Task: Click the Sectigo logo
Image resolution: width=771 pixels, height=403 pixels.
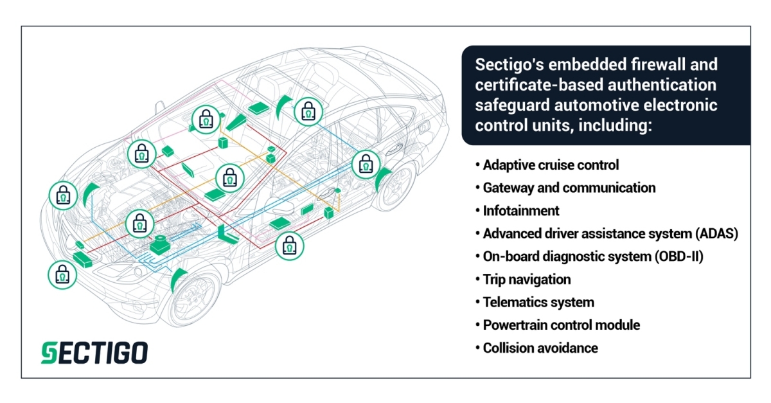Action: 94,353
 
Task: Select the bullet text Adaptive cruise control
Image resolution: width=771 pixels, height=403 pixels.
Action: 551,165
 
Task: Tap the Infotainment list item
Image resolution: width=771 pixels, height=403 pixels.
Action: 521,211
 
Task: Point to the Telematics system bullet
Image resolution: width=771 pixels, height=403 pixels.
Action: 538,303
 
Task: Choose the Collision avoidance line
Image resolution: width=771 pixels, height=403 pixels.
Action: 540,348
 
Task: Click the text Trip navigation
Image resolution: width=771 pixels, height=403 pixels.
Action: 527,280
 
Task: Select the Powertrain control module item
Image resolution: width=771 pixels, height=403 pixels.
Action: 562,325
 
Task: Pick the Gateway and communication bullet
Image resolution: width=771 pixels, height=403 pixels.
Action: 569,188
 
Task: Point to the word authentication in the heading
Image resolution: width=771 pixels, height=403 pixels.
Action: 662,85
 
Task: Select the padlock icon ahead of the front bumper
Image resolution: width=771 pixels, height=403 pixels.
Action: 62,275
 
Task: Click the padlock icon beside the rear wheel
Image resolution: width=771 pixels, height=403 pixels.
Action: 366,165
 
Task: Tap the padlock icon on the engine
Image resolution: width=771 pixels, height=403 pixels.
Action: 139,224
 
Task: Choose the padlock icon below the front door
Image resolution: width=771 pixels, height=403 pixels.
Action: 290,246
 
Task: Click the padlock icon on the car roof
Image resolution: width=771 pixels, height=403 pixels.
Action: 308,112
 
